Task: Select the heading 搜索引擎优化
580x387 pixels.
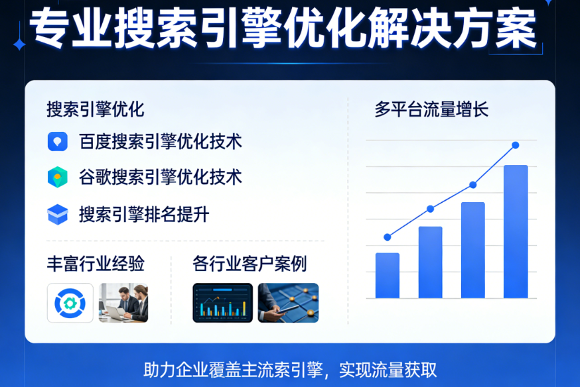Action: click(x=96, y=109)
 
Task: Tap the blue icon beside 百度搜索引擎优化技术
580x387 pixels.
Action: click(x=58, y=142)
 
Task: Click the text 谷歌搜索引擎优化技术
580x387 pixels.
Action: click(x=160, y=177)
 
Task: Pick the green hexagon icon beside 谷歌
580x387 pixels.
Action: click(x=58, y=177)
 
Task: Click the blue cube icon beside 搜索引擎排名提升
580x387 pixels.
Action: click(x=58, y=214)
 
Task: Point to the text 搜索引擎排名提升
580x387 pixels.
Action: click(x=144, y=214)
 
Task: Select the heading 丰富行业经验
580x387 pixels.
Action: click(x=96, y=264)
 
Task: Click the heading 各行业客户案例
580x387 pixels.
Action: click(x=250, y=264)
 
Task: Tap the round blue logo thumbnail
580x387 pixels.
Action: click(x=70, y=303)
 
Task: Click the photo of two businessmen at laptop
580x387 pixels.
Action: click(x=123, y=303)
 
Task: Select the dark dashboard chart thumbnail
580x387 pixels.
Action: click(x=222, y=303)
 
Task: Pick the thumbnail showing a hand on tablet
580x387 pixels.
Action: click(x=288, y=303)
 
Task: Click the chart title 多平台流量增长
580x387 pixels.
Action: click(x=431, y=109)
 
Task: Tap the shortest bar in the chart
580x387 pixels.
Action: click(x=388, y=276)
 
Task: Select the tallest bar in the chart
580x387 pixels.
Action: click(x=516, y=232)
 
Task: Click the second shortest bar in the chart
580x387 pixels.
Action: click(x=430, y=262)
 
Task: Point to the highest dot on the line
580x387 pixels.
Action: click(x=516, y=145)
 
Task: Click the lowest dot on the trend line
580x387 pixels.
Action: click(x=388, y=237)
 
